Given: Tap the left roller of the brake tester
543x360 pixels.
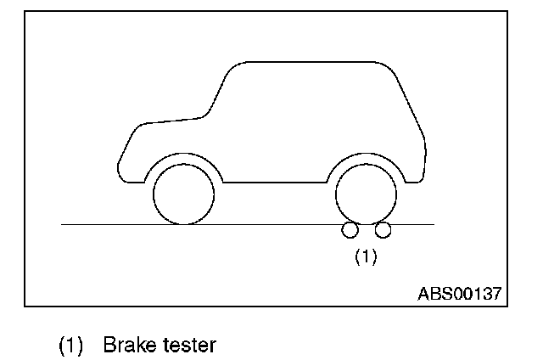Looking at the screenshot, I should click(350, 229).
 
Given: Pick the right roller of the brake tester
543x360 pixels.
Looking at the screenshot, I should click(383, 229).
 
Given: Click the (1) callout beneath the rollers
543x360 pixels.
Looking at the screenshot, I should click(366, 256).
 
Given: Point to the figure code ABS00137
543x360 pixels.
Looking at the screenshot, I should click(459, 293).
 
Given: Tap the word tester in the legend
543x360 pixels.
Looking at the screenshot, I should click(188, 346).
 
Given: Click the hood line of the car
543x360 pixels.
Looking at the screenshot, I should click(170, 119).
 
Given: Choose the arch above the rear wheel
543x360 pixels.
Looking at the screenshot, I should click(366, 157).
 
